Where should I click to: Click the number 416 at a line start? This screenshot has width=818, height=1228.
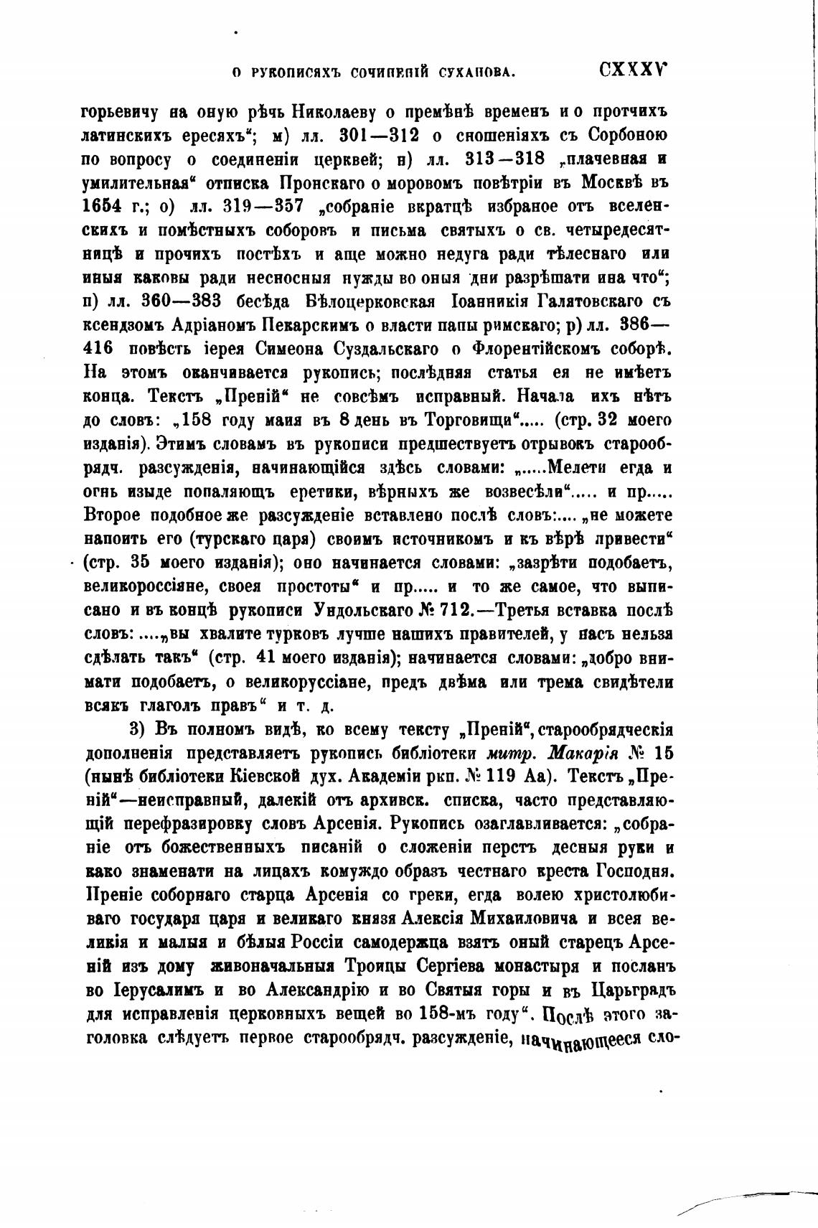(99, 350)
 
